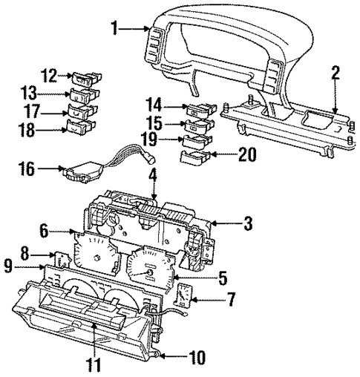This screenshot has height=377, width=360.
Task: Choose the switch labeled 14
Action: [x=198, y=111]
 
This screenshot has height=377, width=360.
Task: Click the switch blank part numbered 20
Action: [x=191, y=157]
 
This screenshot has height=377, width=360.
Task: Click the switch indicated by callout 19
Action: [x=197, y=138]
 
